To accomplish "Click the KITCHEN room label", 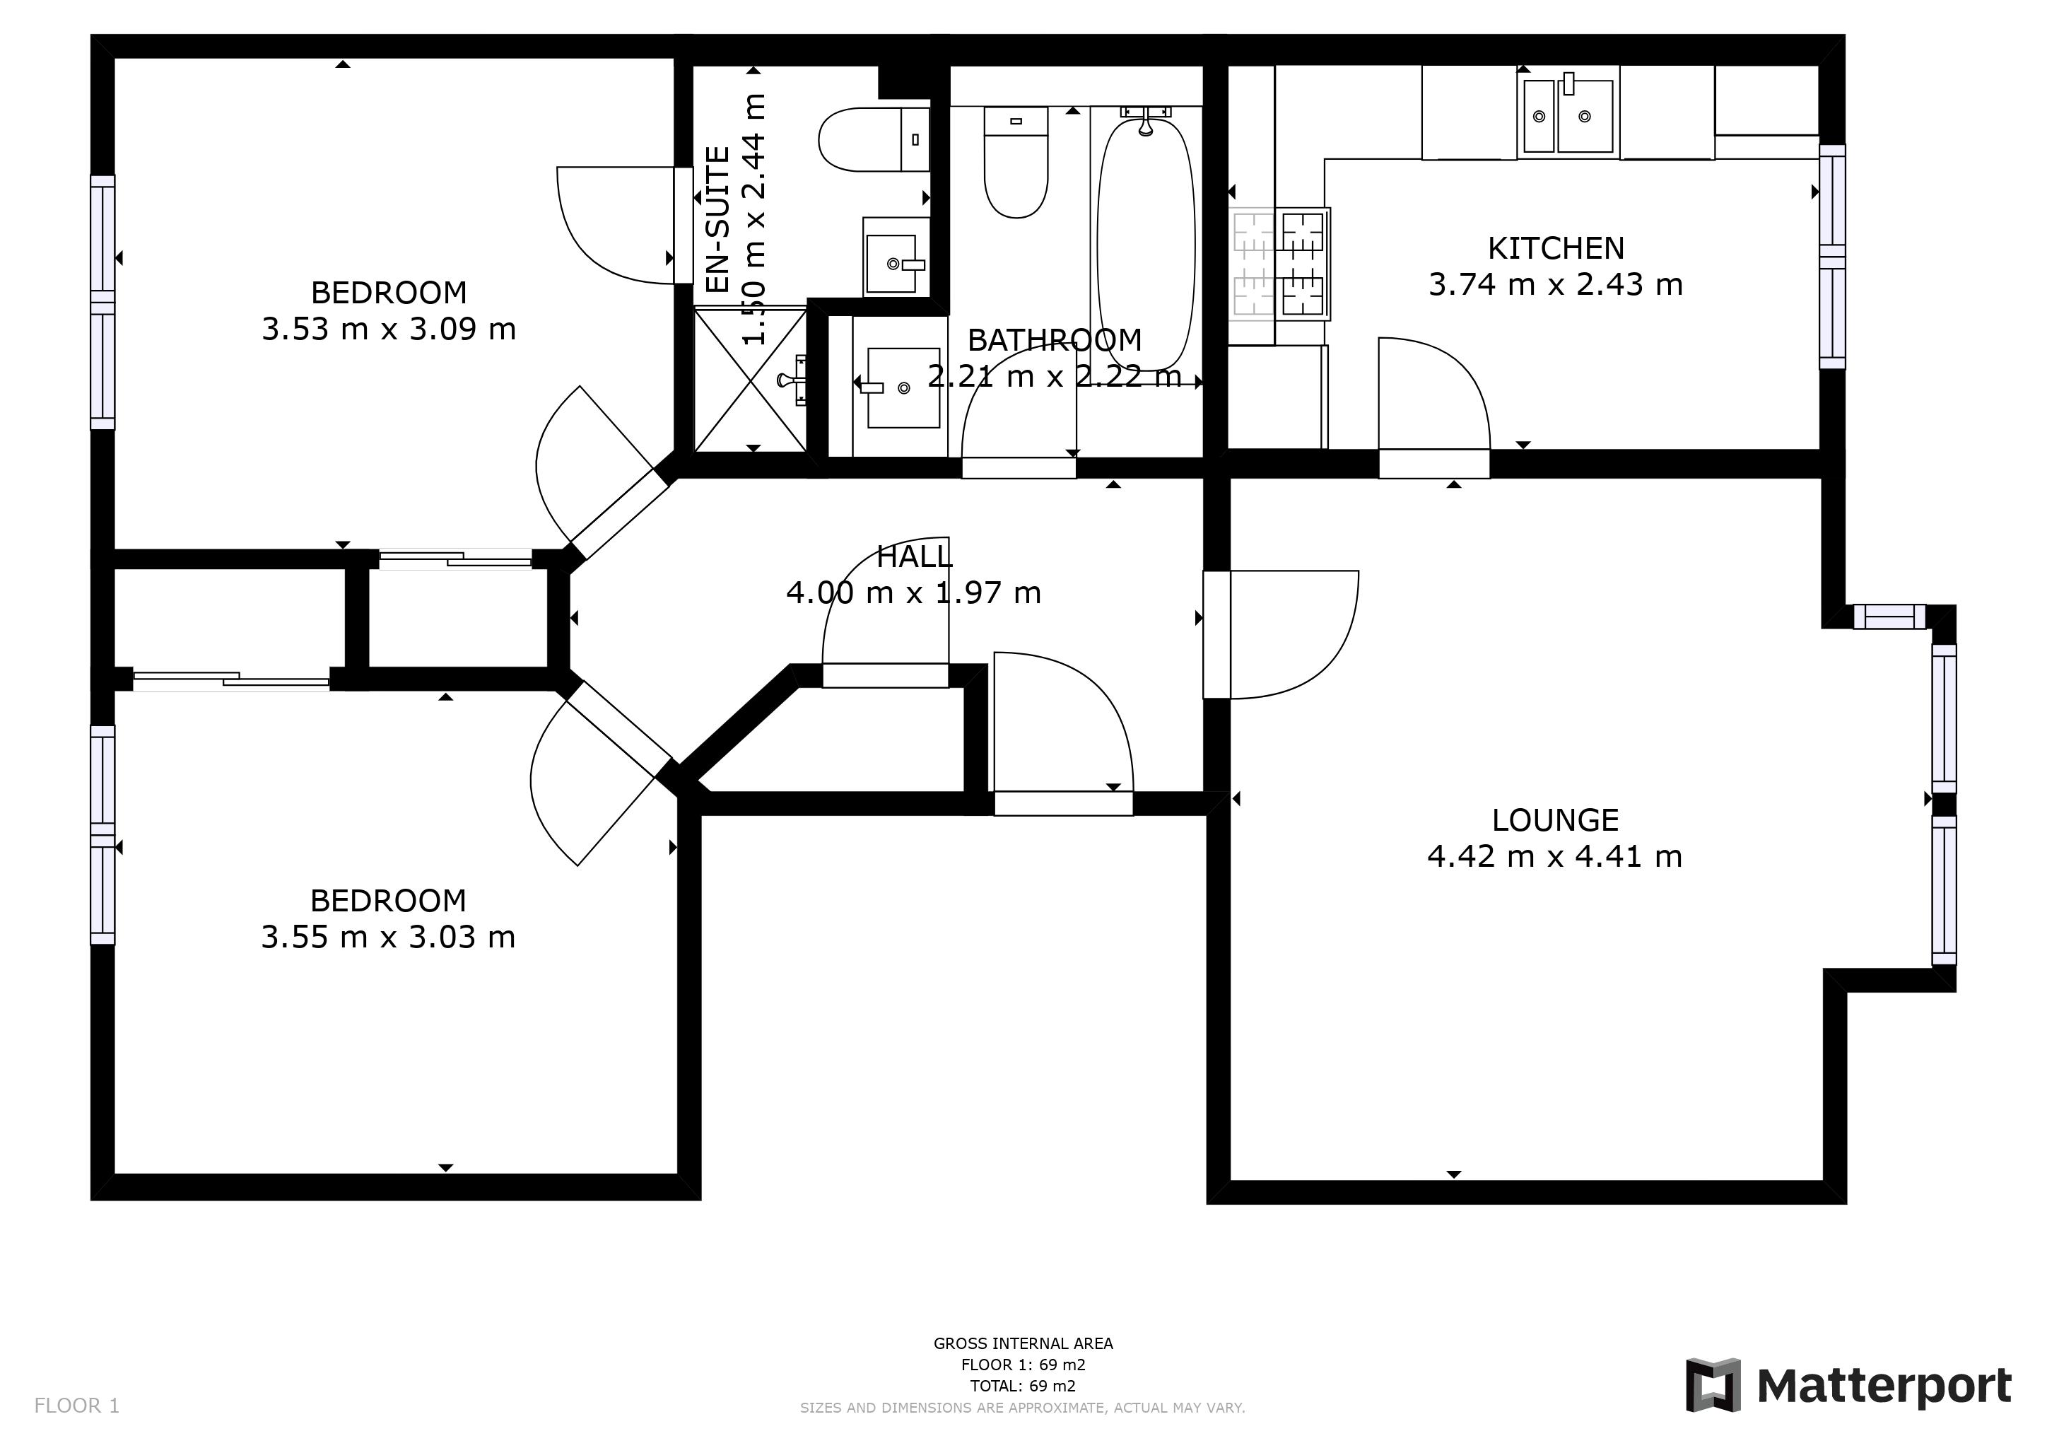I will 1555,248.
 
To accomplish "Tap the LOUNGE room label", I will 1555,819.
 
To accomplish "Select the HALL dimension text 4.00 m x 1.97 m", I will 913,593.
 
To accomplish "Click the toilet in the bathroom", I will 1016,165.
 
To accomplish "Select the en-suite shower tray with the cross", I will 751,379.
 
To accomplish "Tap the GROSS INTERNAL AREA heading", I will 1023,1343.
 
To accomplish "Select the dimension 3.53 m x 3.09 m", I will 389,329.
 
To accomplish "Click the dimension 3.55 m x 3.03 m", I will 389,937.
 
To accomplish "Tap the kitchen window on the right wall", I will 1832,257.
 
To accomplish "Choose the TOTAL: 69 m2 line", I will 1023,1386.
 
